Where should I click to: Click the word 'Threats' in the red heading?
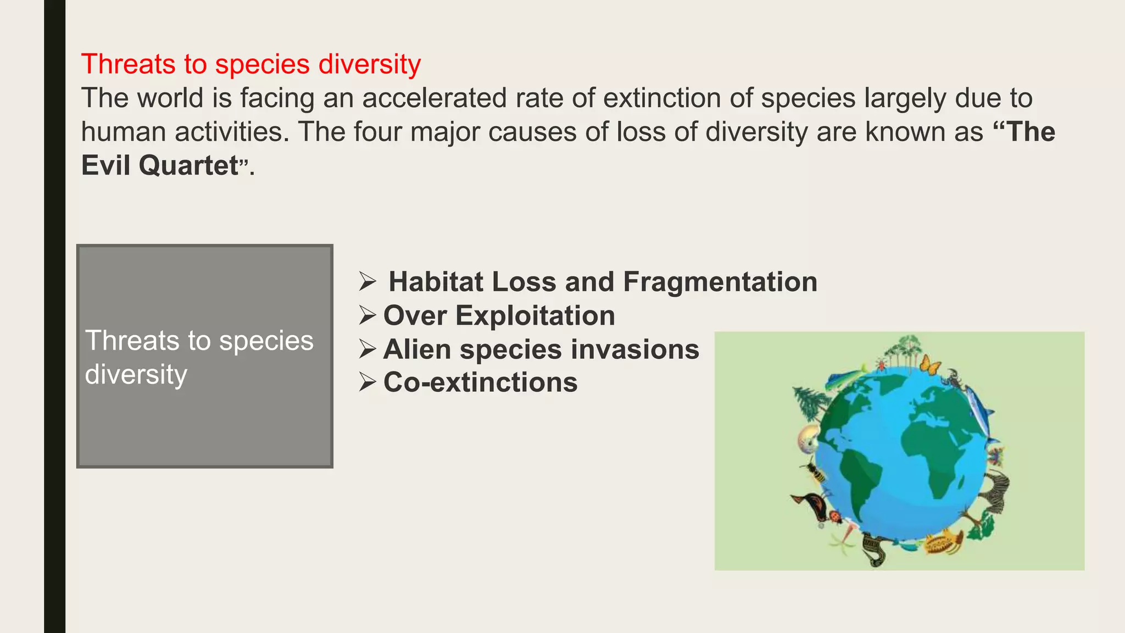(128, 64)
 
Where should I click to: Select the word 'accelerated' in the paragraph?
(434, 98)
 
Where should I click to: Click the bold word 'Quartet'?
(188, 165)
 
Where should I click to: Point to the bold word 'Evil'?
(105, 165)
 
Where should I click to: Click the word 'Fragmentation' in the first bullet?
(720, 282)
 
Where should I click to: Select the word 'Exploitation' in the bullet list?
(535, 316)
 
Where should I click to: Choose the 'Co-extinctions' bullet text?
(480, 382)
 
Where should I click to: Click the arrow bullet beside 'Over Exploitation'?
(367, 316)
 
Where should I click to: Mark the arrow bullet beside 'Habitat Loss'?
(367, 282)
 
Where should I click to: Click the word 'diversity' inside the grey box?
(136, 375)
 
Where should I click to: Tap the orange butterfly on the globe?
(929, 365)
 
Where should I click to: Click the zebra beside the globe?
(995, 490)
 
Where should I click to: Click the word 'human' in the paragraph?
(124, 132)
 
